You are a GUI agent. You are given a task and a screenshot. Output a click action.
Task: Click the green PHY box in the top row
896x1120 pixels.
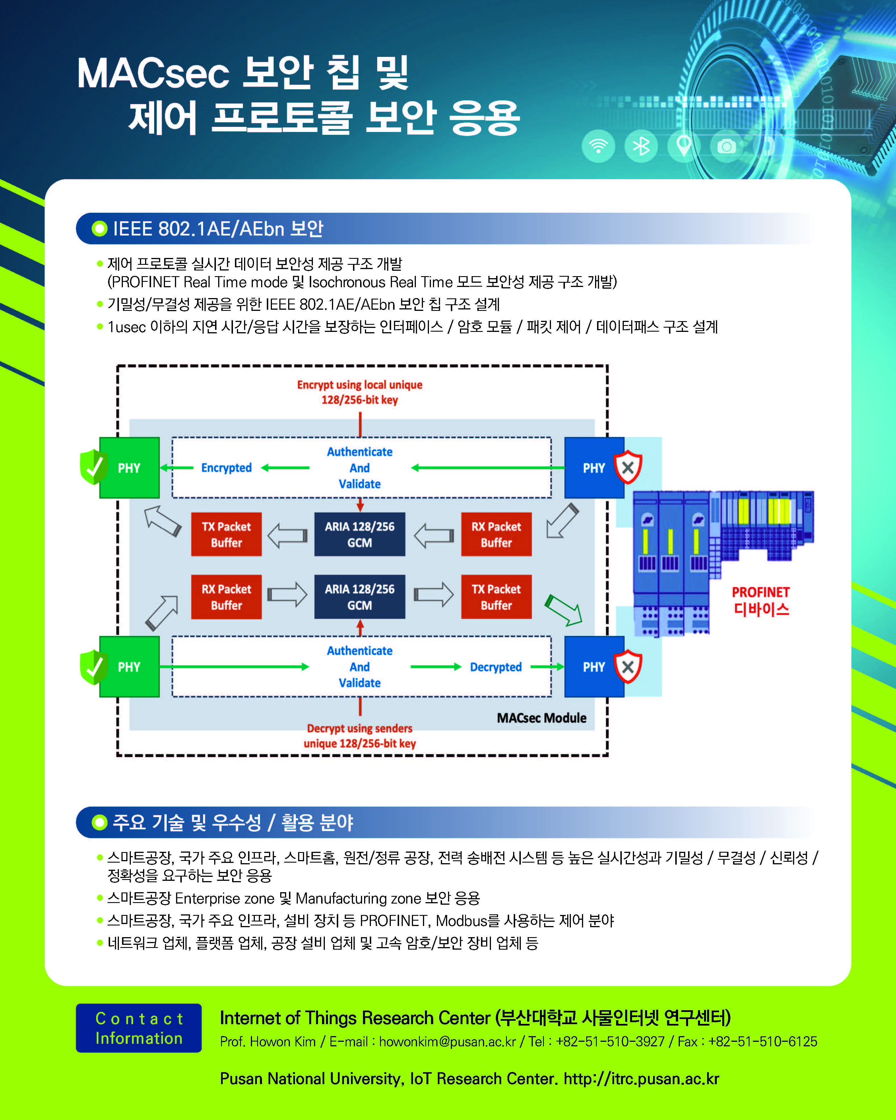[129, 468]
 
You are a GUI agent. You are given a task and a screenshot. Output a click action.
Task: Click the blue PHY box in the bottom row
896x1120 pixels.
[594, 666]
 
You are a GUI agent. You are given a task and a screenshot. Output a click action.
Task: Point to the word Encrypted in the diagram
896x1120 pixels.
[226, 468]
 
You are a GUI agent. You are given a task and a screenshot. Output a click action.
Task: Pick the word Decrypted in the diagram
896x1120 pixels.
[496, 667]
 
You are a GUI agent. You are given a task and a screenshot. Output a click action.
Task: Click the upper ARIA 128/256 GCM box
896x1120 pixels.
[360, 535]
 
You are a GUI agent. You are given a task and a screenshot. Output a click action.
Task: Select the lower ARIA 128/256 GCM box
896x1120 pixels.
[360, 597]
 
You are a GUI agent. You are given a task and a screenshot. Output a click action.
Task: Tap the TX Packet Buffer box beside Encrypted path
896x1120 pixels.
[226, 535]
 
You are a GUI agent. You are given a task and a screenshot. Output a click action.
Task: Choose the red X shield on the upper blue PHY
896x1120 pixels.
[628, 467]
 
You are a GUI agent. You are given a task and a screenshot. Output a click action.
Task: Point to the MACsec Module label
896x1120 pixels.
[541, 718]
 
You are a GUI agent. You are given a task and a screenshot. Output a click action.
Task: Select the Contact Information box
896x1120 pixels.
[139, 1028]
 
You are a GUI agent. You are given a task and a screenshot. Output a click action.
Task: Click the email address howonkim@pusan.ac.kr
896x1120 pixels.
[447, 1042]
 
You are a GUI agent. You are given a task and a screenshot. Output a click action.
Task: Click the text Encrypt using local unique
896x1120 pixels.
[360, 385]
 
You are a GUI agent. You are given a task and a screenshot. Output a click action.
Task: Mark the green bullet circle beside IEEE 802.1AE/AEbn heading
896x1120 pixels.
[99, 229]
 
